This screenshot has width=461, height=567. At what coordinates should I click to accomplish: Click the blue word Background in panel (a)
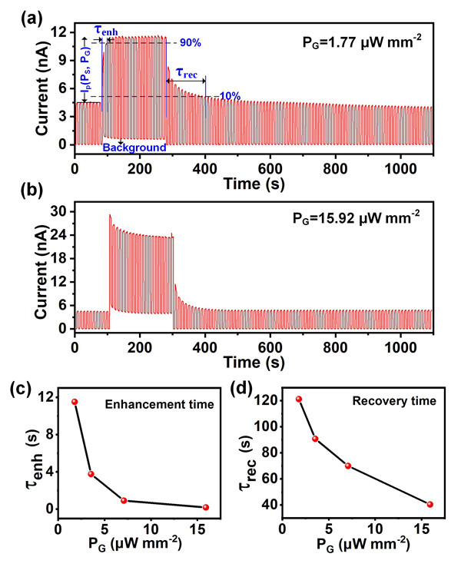point(134,147)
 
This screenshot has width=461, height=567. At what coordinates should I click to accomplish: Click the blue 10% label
point(230,96)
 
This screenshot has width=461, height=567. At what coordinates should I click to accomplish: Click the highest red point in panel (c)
point(75,402)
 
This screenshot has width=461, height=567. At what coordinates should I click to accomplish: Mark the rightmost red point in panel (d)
point(429,505)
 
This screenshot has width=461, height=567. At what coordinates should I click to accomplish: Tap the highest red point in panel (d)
point(298,400)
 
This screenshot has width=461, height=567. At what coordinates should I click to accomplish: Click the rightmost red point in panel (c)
point(205,507)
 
